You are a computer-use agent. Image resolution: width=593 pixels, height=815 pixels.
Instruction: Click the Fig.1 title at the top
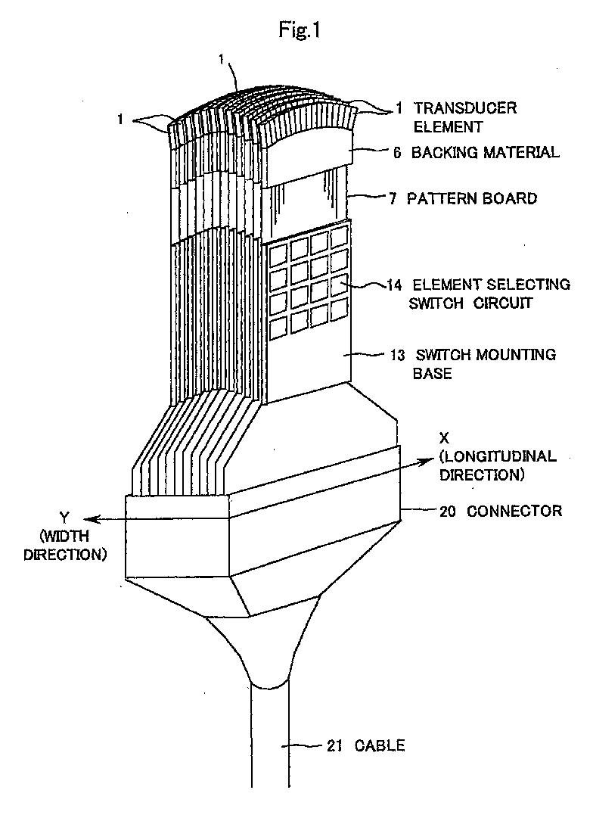point(296,32)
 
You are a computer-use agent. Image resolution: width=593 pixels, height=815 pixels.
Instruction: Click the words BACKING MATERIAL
point(485,152)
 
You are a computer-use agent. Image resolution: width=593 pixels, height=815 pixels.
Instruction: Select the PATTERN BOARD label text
point(472,198)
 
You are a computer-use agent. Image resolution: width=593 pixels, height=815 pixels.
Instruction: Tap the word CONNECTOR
point(514,511)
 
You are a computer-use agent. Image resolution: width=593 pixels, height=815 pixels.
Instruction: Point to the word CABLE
point(380,746)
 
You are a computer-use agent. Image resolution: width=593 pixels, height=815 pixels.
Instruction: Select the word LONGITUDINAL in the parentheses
point(498,457)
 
